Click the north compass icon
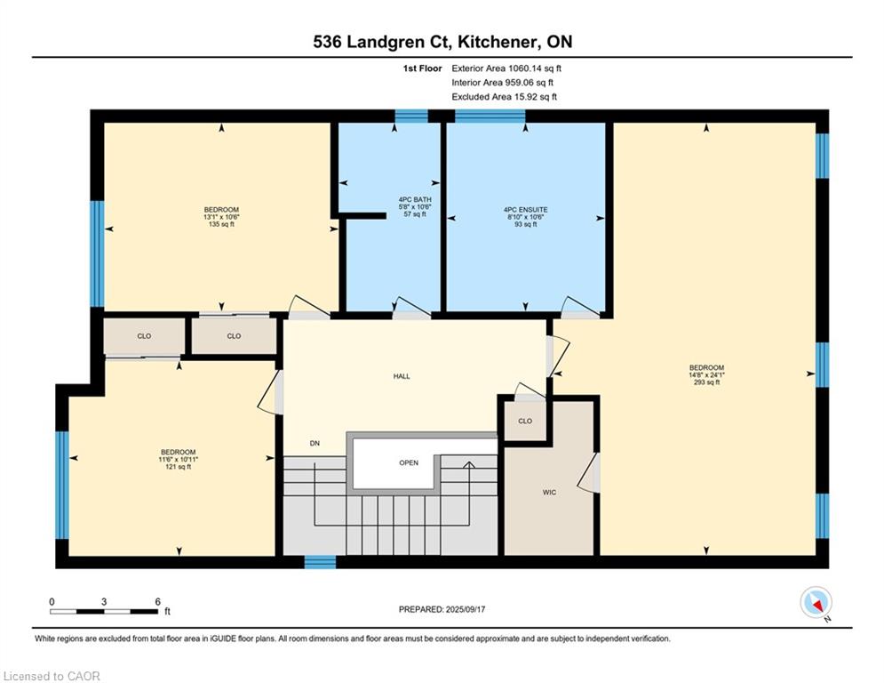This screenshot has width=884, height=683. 816,603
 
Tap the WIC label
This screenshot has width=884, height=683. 549,492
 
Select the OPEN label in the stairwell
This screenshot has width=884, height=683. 409,462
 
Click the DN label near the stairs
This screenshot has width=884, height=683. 315,443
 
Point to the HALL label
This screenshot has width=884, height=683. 402,376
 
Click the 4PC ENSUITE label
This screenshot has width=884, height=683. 525,209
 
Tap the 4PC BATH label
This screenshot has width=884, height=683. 415,200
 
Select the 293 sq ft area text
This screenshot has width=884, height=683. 706,382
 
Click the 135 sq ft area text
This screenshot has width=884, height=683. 221,224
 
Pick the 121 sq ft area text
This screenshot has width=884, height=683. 179,467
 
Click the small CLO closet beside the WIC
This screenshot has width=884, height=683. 525,421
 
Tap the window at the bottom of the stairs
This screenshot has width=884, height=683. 320,562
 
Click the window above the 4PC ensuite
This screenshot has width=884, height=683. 490,117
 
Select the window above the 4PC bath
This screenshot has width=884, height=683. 411,117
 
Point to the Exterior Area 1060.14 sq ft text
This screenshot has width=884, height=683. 506,68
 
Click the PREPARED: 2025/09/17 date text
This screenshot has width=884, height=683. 442,609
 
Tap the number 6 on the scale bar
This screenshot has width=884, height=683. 158,602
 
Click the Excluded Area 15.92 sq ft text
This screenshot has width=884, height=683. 504,97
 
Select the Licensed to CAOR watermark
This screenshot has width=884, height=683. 52,676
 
